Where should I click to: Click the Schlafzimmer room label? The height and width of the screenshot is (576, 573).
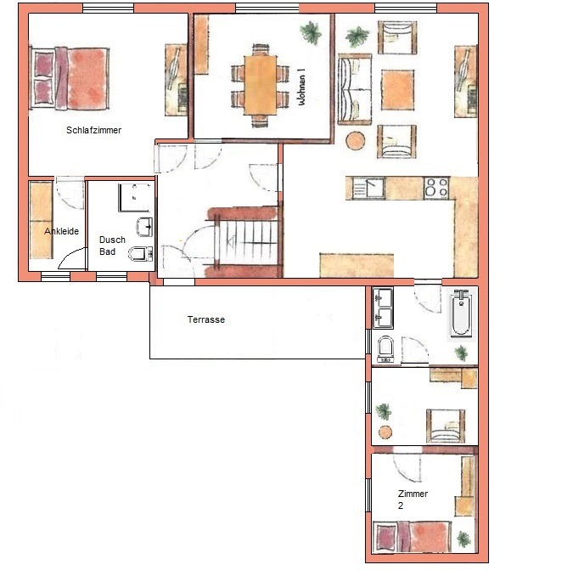[93, 130]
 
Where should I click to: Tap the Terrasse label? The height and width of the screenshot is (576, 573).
[206, 319]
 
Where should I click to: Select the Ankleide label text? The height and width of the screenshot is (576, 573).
[62, 231]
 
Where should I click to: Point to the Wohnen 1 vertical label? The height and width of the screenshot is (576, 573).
[301, 87]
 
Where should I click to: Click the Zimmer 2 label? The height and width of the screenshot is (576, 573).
[413, 500]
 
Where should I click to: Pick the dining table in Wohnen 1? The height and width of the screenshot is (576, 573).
[261, 85]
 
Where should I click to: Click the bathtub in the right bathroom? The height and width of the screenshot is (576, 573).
[461, 313]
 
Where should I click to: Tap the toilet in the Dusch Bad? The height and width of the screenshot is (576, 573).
[140, 253]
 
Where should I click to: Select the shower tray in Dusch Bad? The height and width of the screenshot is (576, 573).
[134, 198]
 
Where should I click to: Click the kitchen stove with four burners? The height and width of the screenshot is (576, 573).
[436, 188]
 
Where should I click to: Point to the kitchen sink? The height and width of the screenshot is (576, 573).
[368, 189]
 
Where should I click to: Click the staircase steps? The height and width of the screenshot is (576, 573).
[247, 242]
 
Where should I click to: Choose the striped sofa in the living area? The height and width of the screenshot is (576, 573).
[354, 89]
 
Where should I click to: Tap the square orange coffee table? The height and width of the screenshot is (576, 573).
[397, 90]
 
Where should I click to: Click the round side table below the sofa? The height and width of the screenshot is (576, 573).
[356, 141]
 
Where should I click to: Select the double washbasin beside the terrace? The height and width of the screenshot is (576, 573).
[383, 308]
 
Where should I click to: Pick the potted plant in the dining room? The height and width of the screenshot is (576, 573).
[311, 32]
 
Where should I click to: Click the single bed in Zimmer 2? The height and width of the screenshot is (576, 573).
[413, 537]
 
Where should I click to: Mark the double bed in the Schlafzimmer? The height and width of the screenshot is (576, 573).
[70, 79]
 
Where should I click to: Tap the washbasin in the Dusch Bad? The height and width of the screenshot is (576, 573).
[144, 227]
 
